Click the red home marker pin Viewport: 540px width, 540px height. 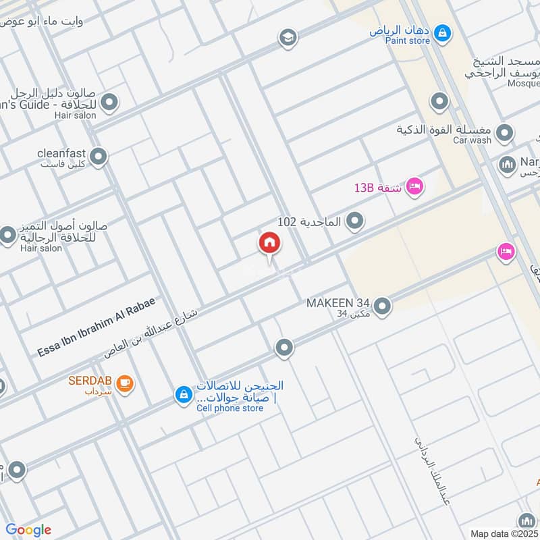tap(269, 244)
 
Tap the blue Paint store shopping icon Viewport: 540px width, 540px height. tap(442, 32)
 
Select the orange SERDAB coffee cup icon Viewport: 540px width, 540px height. tap(125, 383)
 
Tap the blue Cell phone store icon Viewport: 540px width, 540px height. tap(183, 396)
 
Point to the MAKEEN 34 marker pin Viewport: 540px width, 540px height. tap(383, 307)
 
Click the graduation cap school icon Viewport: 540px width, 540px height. tap(288, 38)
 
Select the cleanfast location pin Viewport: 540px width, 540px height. tap(99, 157)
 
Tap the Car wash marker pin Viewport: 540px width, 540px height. tap(504, 134)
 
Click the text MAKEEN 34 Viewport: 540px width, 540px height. tap(339, 303)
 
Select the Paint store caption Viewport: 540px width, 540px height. tap(407, 41)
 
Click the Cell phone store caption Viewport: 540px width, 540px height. tap(230, 408)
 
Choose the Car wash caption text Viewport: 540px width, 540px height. tap(472, 140)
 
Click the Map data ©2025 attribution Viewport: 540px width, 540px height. tap(504, 533)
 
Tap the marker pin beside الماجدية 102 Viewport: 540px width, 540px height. tap(354, 221)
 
